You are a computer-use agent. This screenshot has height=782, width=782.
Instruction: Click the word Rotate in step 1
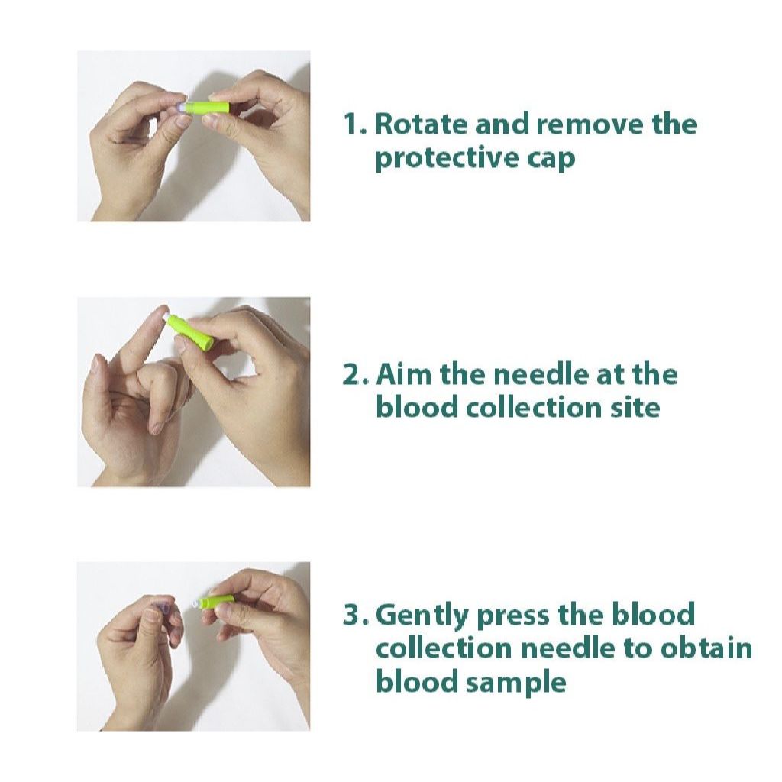(x=422, y=124)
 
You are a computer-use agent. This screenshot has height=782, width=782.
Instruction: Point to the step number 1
(x=354, y=124)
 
